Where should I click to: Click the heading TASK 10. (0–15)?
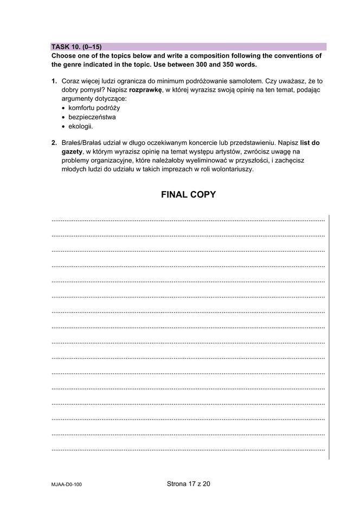(x=76, y=47)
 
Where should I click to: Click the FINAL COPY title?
(x=188, y=195)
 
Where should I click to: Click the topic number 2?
(x=54, y=143)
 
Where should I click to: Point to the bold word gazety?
(x=72, y=151)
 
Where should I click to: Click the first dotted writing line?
(x=188, y=220)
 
